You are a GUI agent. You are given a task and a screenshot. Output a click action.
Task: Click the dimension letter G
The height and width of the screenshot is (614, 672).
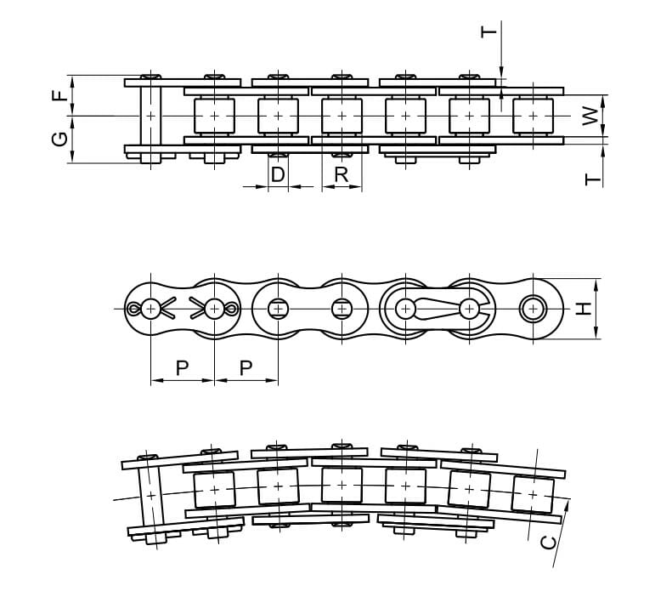[x=60, y=139]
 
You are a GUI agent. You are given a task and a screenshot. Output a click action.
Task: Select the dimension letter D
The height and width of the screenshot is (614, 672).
[x=278, y=174]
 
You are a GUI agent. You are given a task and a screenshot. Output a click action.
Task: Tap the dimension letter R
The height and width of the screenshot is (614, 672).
[x=342, y=174]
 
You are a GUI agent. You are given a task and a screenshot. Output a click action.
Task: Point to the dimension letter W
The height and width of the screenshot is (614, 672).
[x=590, y=117]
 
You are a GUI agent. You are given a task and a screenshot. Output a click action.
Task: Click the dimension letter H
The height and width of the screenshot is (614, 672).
[x=583, y=309]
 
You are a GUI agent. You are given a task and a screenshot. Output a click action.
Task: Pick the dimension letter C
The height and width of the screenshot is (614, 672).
[x=549, y=543]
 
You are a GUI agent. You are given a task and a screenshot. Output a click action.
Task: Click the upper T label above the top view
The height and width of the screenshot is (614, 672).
[x=488, y=32]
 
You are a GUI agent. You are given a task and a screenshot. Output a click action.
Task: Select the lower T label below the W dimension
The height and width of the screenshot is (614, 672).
[x=593, y=179]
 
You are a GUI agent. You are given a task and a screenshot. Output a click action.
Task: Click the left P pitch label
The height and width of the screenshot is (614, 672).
[x=182, y=368]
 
